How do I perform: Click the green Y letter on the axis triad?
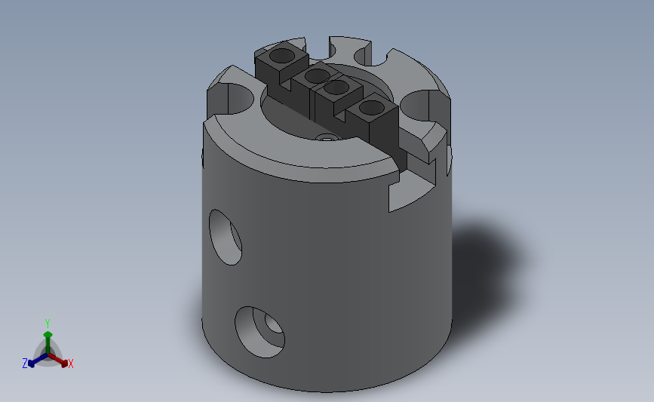48,322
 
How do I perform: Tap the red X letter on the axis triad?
70,364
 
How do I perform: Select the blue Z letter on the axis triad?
25,364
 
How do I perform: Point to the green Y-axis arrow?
48,337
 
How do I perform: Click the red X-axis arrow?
60,359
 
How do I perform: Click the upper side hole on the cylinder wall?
225,237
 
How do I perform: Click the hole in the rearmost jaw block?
281,55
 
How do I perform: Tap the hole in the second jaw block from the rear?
316,75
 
